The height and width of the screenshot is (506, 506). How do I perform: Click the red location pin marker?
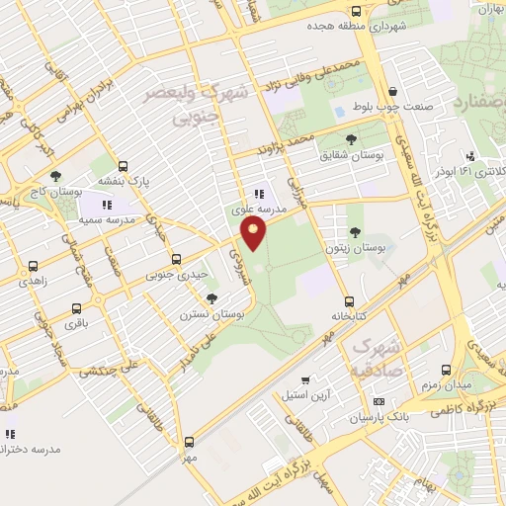(255, 233)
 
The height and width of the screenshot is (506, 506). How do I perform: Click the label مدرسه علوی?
(259, 210)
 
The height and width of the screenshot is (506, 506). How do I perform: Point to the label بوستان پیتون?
(354, 249)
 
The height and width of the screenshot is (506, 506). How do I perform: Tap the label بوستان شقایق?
(352, 155)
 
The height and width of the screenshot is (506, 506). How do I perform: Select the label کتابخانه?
(348, 317)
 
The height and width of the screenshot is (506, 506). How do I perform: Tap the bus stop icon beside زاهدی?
(33, 266)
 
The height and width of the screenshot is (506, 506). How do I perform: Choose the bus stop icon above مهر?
(189, 442)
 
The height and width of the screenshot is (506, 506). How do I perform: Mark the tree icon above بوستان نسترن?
(211, 298)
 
